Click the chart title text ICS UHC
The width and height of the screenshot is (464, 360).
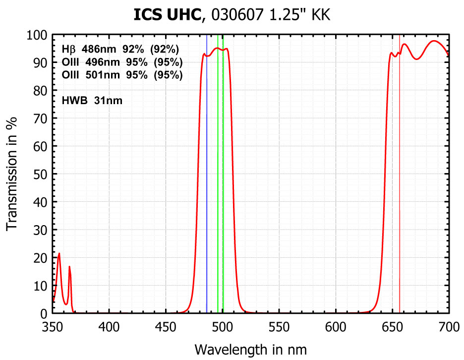coord(169,15)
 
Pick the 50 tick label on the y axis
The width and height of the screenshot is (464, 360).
coord(40,175)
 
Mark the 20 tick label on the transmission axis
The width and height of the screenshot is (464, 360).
coord(40,258)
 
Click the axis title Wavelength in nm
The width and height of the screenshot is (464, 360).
coord(251,349)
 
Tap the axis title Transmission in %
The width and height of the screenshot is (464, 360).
coord(12,174)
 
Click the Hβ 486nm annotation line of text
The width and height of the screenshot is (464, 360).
coord(120,50)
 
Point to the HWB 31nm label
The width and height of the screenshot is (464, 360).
coord(92,101)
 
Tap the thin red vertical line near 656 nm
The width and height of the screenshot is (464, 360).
coord(400,198)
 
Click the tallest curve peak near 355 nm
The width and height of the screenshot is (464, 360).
coord(59,254)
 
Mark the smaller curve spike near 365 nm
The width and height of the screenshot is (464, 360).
coord(69,267)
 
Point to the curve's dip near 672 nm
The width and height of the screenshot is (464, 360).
coord(417,59)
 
